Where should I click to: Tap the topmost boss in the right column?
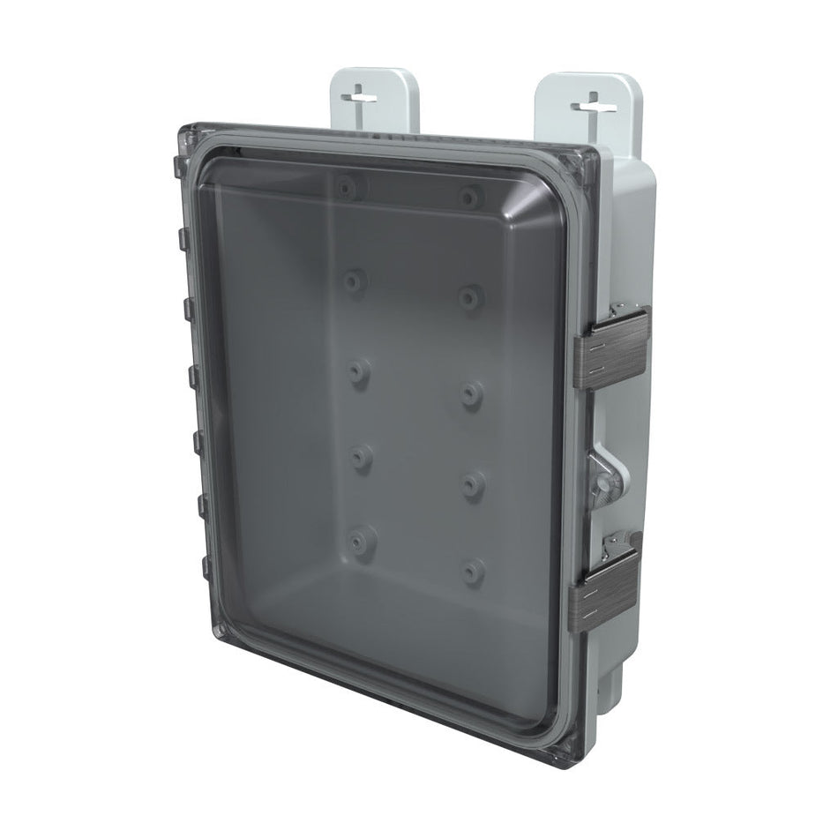click(x=469, y=196)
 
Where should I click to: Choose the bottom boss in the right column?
click(x=474, y=570)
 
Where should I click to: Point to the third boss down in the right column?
click(x=471, y=394)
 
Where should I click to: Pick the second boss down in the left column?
click(x=353, y=281)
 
